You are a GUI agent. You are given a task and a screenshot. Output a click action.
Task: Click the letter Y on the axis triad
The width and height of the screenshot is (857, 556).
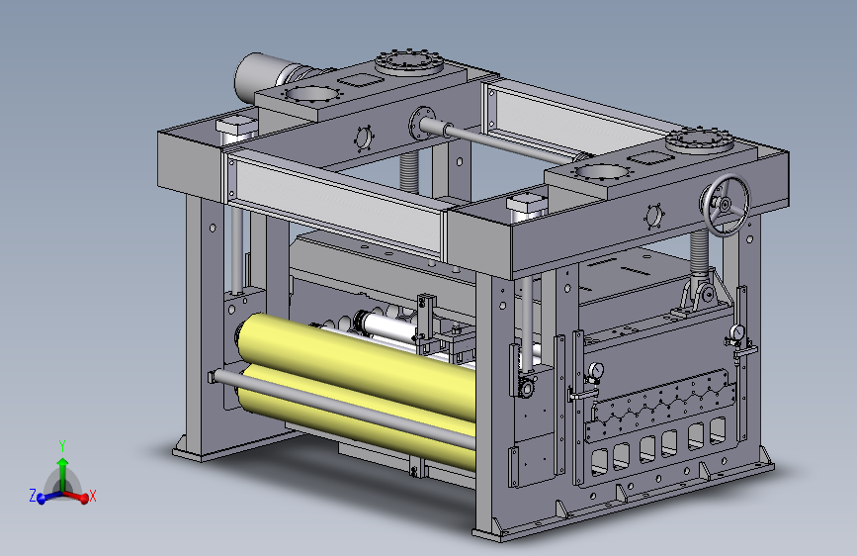pos(62,446)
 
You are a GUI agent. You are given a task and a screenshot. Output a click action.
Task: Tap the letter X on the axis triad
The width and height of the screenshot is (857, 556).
pos(92,497)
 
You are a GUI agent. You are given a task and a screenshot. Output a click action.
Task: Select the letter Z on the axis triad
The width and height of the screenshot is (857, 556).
pos(33,497)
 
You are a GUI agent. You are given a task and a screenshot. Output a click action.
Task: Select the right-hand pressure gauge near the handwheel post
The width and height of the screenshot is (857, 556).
pos(737,332)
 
